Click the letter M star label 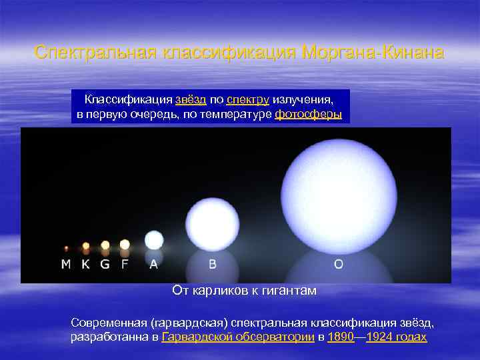point(66,264)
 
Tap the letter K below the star point(85,264)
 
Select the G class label point(105,264)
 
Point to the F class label point(124,264)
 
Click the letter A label point(154,264)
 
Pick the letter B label point(213,264)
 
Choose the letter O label point(339,264)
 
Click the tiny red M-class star point(66,249)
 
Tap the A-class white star point(154,240)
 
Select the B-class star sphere point(212,219)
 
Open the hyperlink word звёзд point(191,99)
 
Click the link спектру point(247,99)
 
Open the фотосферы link point(308,114)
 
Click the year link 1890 point(341,337)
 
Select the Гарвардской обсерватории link point(238,337)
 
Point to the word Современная point(109,323)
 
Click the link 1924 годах point(397,337)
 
